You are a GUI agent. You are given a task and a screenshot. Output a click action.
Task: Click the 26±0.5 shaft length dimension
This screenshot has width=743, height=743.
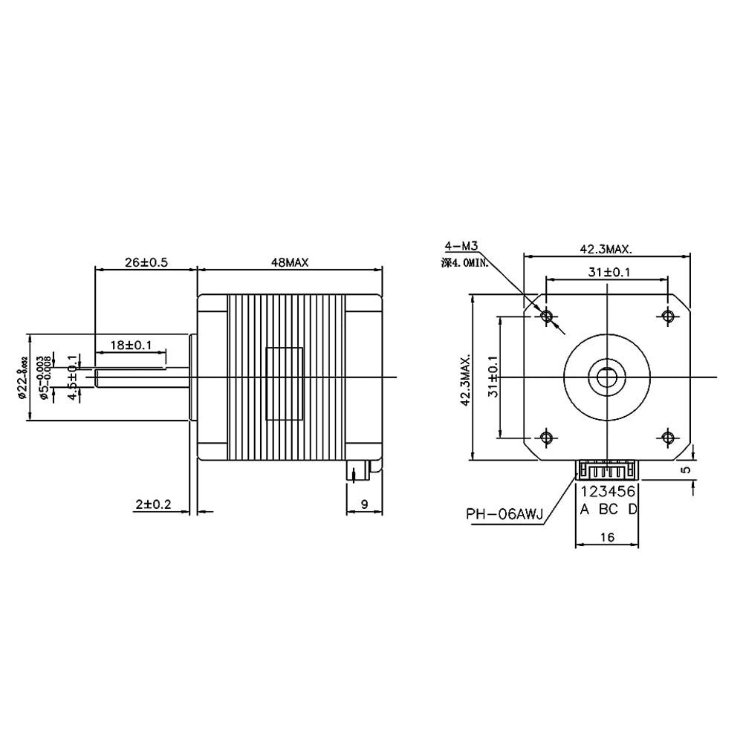(x=144, y=262)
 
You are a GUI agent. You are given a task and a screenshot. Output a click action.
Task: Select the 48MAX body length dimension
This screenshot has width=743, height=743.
(x=289, y=262)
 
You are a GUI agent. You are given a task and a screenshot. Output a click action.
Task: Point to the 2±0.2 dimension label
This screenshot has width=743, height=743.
(x=153, y=504)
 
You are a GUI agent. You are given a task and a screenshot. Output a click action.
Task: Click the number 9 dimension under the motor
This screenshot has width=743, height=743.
(x=364, y=504)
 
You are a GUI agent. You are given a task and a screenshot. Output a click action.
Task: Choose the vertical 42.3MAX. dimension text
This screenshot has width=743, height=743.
(x=465, y=380)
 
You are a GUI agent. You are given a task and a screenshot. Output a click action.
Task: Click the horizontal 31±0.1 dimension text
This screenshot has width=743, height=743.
(x=607, y=272)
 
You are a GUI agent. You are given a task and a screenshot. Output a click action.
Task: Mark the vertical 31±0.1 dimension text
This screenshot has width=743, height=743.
(x=493, y=377)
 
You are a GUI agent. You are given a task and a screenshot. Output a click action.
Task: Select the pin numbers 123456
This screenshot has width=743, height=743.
(x=608, y=491)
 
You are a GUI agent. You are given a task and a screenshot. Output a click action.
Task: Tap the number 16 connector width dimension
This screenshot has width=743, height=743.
(x=607, y=536)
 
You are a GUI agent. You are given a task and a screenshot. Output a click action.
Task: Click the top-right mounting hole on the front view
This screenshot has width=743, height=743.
(x=667, y=317)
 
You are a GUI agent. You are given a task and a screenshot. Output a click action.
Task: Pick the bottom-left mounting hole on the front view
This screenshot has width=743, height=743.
(x=548, y=436)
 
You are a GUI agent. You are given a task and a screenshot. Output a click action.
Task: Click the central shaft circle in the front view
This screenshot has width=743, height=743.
(x=607, y=376)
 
